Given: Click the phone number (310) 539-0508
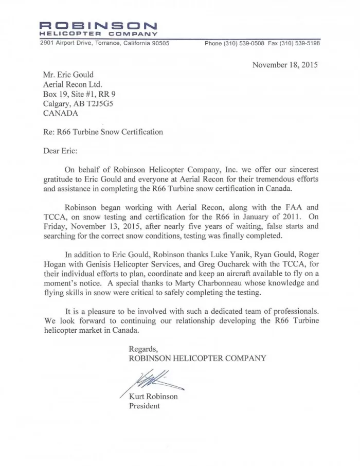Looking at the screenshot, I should coord(244,44).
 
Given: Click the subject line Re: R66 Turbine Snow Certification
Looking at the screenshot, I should coord(103,132).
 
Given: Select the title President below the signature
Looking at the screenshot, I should coord(144,406).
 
